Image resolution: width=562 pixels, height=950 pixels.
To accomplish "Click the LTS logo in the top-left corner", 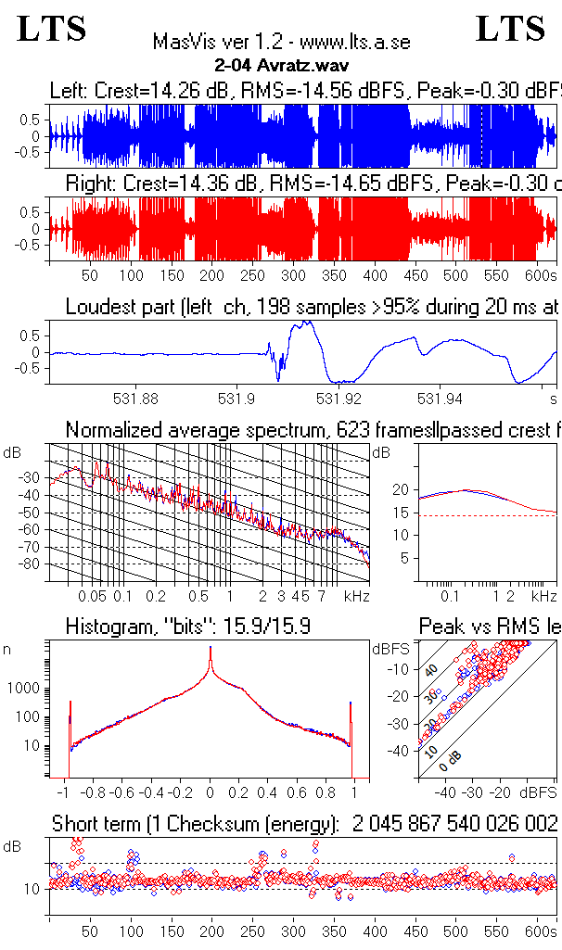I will click(x=52, y=30).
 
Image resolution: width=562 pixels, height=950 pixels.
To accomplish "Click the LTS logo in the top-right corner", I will click(x=510, y=30).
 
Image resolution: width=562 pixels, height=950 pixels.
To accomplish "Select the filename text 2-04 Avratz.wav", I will click(x=280, y=66).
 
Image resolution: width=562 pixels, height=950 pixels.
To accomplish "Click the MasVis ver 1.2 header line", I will click(x=280, y=43).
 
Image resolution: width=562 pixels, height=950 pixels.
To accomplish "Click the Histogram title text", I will click(x=187, y=627).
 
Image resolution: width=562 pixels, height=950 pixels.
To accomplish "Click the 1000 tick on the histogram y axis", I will click(x=24, y=689).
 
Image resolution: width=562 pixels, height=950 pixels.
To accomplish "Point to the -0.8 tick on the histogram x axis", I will click(x=93, y=792).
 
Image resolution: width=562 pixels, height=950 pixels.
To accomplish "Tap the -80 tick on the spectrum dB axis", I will click(x=31, y=564).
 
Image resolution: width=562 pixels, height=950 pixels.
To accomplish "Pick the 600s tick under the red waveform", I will click(x=539, y=275).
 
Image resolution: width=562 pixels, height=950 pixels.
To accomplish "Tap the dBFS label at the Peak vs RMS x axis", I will click(x=539, y=792).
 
